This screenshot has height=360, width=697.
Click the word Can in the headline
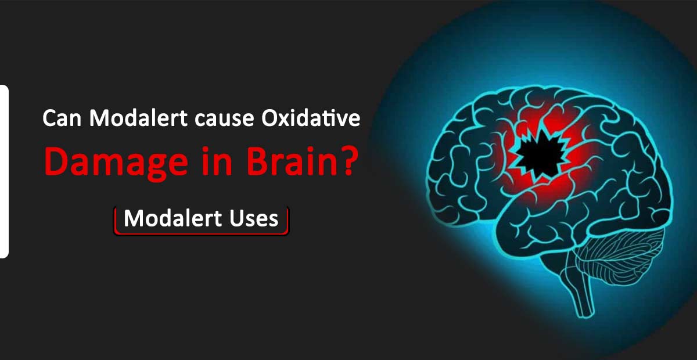coord(62,118)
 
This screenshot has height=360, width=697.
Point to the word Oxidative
coord(311,118)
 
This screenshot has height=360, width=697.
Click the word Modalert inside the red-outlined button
coord(173,218)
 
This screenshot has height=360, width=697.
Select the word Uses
coord(254,218)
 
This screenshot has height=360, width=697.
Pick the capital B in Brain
coord(258,161)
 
